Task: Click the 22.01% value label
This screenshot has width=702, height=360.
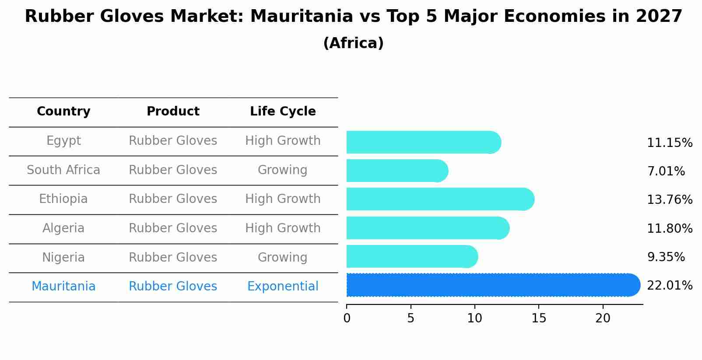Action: (x=669, y=286)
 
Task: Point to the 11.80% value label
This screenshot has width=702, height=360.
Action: (x=669, y=228)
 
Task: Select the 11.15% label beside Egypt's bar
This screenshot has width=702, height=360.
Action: (x=669, y=143)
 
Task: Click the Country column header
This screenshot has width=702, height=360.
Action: (x=63, y=112)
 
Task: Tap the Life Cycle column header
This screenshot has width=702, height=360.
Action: (x=283, y=112)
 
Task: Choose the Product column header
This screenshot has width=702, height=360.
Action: (x=173, y=112)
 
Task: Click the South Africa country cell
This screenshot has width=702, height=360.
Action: (x=63, y=170)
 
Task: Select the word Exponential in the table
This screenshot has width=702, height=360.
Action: (x=283, y=287)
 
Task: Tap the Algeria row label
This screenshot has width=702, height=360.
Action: (x=63, y=228)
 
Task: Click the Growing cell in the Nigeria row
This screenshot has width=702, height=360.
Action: (x=282, y=257)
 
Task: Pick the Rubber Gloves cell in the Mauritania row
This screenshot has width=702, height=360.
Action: (x=173, y=287)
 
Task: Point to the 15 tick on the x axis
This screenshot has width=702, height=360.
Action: (x=539, y=318)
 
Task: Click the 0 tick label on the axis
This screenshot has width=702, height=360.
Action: (x=347, y=318)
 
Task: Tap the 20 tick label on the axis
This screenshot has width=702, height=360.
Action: (x=603, y=318)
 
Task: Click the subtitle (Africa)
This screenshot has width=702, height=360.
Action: (x=353, y=43)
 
